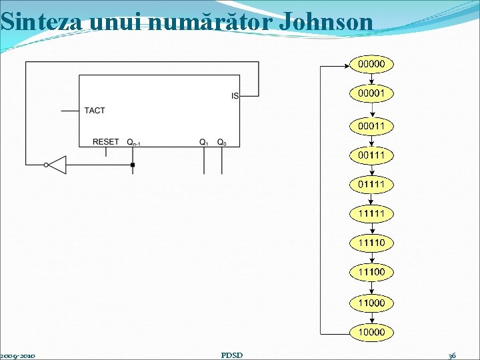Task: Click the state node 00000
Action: pyautogui.click(x=371, y=64)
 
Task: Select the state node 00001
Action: pyautogui.click(x=371, y=94)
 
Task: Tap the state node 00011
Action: pyautogui.click(x=371, y=126)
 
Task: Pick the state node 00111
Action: pyautogui.click(x=371, y=155)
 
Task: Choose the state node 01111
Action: pyautogui.click(x=371, y=184)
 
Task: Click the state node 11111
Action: pyautogui.click(x=371, y=213)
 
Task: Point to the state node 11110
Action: pyautogui.click(x=371, y=243)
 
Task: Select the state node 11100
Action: pyautogui.click(x=371, y=272)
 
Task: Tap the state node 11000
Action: pyautogui.click(x=371, y=302)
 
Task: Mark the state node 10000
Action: pyautogui.click(x=371, y=332)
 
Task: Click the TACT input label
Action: pyautogui.click(x=95, y=111)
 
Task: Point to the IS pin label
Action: pyautogui.click(x=235, y=96)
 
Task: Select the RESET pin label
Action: pyautogui.click(x=106, y=142)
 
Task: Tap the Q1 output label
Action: pyautogui.click(x=204, y=143)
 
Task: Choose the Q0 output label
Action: pyautogui.click(x=222, y=143)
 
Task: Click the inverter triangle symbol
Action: pyautogui.click(x=57, y=165)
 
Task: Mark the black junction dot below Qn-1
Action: pyautogui.click(x=133, y=165)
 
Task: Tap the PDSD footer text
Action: pyautogui.click(x=231, y=355)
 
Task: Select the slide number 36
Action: pyautogui.click(x=452, y=355)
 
